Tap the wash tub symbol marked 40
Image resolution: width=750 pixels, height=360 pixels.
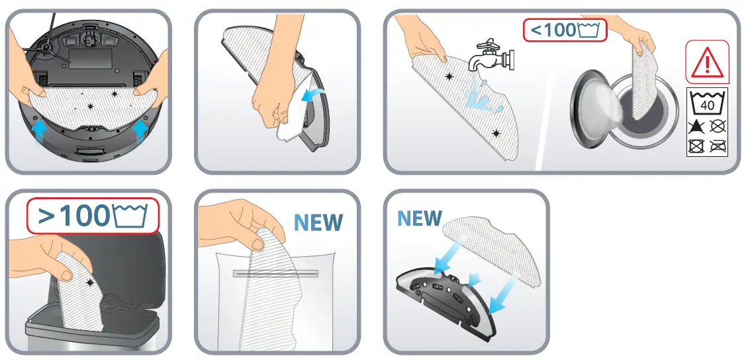[x=707, y=103]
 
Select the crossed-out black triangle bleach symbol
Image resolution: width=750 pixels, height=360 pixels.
[x=697, y=126]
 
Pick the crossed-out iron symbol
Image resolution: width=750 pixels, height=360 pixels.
[x=717, y=146]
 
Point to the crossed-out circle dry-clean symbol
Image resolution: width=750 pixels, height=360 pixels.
[x=717, y=126]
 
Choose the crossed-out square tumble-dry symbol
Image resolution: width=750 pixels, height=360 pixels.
[x=697, y=146]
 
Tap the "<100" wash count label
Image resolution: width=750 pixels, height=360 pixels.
[x=565, y=30]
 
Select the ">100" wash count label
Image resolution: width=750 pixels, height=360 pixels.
[x=93, y=216]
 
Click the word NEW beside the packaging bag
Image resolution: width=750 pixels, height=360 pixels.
[x=318, y=222]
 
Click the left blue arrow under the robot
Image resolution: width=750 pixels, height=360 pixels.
[x=40, y=130]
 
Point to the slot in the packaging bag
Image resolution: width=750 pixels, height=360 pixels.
[x=275, y=273]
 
